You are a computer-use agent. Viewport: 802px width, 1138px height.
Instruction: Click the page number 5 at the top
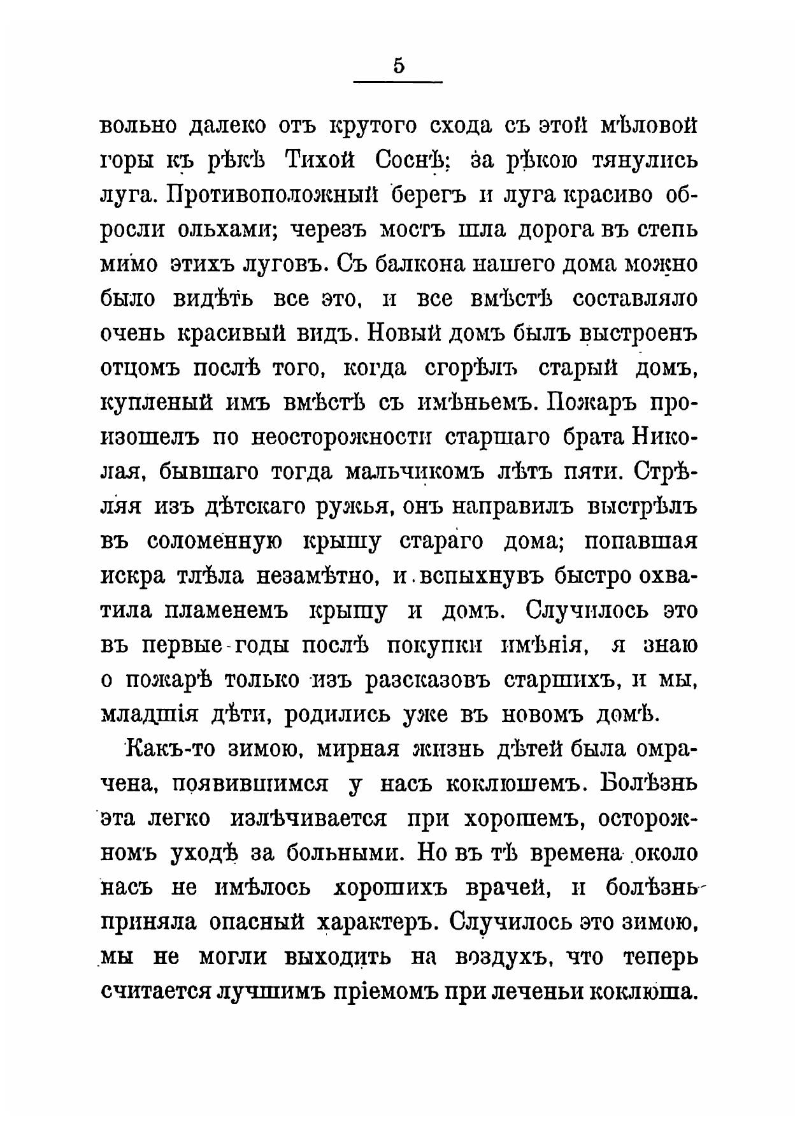(x=399, y=66)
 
